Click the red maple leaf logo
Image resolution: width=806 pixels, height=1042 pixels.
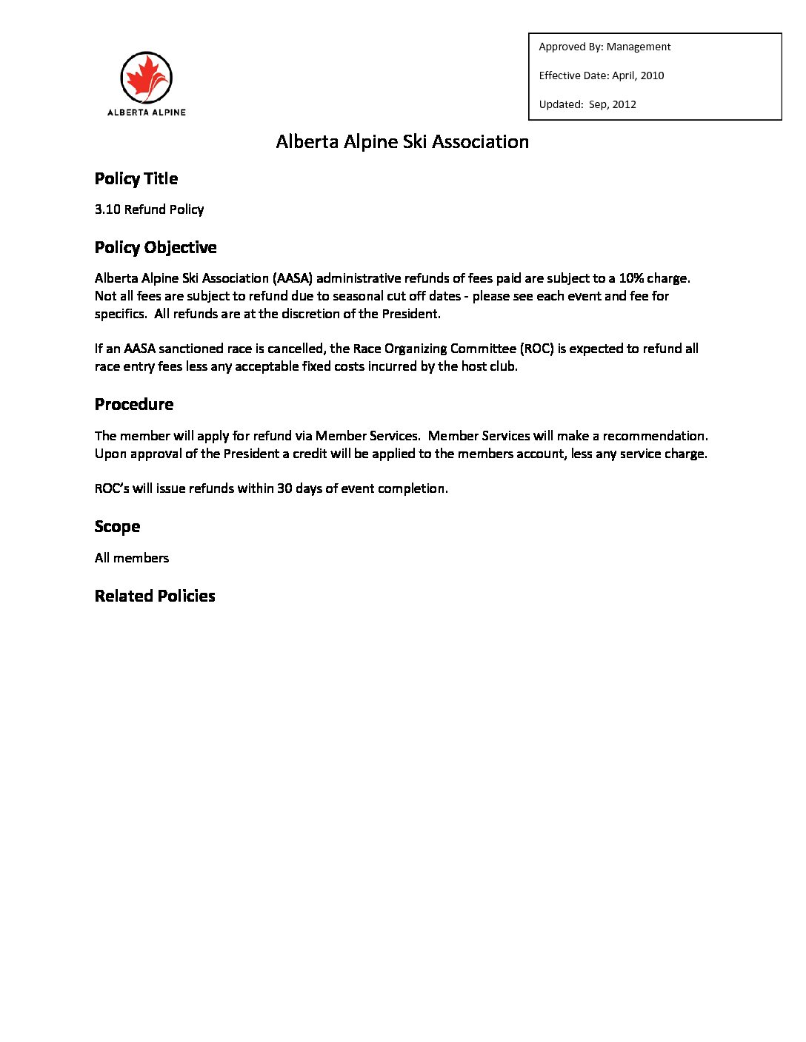146,78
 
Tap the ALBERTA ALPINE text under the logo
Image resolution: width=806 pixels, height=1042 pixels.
147,112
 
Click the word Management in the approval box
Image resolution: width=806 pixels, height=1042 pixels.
639,47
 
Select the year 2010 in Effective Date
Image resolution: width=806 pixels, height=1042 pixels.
652,75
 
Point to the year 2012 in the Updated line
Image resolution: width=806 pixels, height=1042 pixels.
624,104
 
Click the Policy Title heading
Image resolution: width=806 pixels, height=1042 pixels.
136,178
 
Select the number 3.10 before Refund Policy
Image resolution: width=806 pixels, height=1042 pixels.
107,209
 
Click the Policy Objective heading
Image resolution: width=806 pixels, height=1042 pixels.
156,247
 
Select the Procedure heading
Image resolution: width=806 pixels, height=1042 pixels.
134,404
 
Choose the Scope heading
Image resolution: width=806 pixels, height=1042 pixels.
117,526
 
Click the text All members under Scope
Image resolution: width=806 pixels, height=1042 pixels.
132,558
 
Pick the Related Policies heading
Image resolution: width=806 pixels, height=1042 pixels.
155,596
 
